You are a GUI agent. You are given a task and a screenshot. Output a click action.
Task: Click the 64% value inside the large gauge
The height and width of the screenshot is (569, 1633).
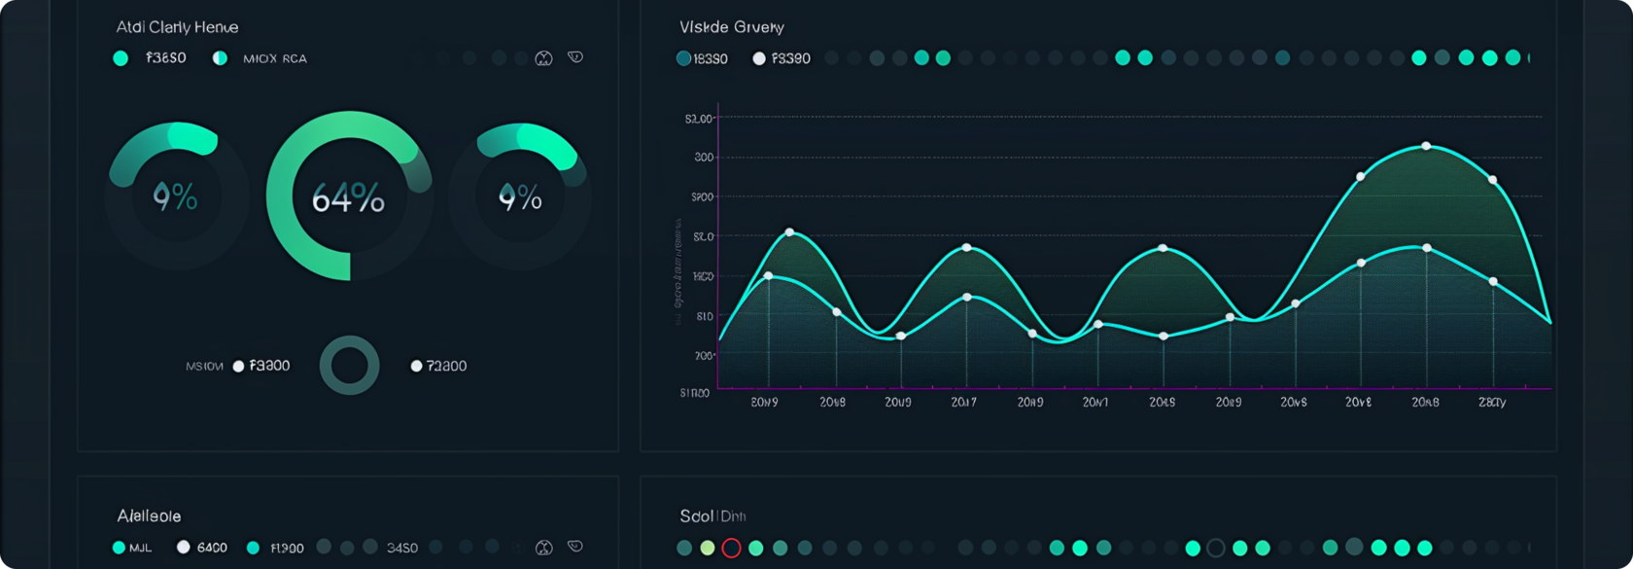pyautogui.click(x=348, y=198)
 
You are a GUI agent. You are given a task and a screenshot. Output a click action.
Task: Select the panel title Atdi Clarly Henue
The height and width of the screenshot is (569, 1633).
pyautogui.click(x=177, y=27)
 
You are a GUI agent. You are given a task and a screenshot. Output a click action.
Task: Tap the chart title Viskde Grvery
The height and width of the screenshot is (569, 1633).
pyautogui.click(x=731, y=27)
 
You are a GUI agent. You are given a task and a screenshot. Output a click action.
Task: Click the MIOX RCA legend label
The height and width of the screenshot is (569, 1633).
pyautogui.click(x=274, y=58)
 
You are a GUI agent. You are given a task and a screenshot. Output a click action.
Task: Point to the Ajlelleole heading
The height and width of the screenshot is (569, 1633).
pyautogui.click(x=149, y=516)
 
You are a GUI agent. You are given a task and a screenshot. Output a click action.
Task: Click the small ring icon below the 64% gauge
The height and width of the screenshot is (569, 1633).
pyautogui.click(x=350, y=366)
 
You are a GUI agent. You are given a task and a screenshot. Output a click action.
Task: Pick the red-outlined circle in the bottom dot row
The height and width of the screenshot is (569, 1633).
pyautogui.click(x=732, y=548)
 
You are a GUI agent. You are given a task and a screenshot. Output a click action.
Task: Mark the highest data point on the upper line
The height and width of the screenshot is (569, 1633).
pyautogui.click(x=1426, y=146)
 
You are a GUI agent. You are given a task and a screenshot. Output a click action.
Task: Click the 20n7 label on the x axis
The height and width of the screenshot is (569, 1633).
pyautogui.click(x=963, y=402)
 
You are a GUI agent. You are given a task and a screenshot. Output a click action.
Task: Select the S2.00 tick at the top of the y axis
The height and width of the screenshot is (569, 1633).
pyautogui.click(x=699, y=119)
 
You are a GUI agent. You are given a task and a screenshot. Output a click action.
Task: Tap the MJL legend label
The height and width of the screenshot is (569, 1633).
pyautogui.click(x=140, y=548)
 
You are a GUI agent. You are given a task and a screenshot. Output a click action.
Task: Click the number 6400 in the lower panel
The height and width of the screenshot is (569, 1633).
pyautogui.click(x=212, y=548)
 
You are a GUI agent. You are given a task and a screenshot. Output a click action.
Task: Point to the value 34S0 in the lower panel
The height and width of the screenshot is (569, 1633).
pyautogui.click(x=402, y=548)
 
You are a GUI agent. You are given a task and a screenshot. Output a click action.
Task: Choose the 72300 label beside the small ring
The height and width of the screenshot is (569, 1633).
pyautogui.click(x=446, y=366)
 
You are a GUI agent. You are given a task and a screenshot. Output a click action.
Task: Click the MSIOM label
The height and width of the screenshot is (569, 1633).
pyautogui.click(x=204, y=366)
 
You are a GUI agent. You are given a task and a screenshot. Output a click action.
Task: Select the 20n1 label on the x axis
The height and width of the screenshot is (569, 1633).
pyautogui.click(x=1095, y=402)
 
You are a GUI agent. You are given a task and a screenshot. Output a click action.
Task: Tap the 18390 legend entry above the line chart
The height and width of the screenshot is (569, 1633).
pyautogui.click(x=710, y=58)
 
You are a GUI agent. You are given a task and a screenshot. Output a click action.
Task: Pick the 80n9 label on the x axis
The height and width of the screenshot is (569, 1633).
pyautogui.click(x=764, y=402)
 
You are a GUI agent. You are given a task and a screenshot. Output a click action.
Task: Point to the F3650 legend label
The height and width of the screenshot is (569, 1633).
pyautogui.click(x=165, y=58)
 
